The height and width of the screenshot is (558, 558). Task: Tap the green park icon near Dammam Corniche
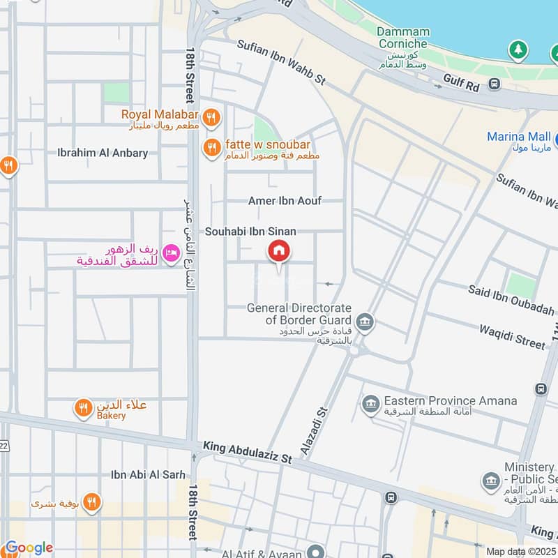[517, 50]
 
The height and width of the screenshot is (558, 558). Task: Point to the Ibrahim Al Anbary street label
[103, 153]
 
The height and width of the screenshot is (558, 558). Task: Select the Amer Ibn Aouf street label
[285, 201]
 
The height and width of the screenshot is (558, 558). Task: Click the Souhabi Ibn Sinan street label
[250, 231]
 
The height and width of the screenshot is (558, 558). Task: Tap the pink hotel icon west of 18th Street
[169, 256]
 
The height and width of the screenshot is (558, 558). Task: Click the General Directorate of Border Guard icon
[363, 322]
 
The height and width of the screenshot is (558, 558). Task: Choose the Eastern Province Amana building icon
[370, 402]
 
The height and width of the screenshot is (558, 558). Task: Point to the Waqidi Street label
[513, 335]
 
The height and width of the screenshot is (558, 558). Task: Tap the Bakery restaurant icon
[83, 408]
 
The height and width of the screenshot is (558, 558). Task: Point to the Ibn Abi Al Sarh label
[148, 475]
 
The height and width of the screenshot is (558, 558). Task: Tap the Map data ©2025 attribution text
[520, 552]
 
